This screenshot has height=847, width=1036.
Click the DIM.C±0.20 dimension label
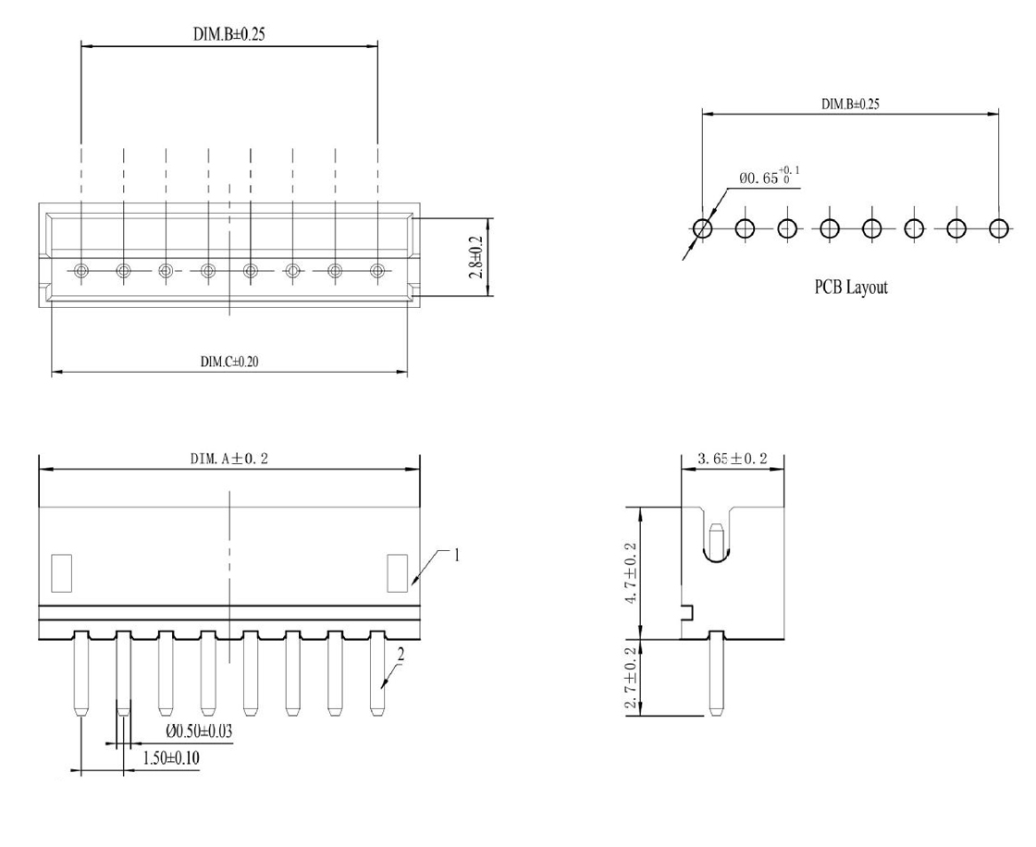tap(229, 362)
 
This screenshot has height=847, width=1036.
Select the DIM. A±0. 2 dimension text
tap(229, 460)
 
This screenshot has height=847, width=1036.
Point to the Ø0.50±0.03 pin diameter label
tap(198, 731)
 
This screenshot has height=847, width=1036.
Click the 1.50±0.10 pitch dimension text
tap(171, 758)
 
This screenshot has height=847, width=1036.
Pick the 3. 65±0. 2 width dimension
tap(732, 459)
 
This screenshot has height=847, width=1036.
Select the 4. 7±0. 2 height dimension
tap(632, 572)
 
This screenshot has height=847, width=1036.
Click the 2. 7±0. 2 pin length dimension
tap(632, 678)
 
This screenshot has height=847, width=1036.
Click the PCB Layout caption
tap(851, 288)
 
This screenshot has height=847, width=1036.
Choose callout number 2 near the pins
tap(401, 655)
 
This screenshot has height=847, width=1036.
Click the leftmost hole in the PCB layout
tap(702, 228)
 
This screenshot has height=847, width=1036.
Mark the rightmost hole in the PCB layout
tap(999, 228)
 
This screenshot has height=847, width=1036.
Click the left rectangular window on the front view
tap(61, 572)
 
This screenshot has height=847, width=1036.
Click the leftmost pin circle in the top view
tap(80, 270)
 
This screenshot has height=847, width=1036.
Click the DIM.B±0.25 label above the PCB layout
tap(850, 104)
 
